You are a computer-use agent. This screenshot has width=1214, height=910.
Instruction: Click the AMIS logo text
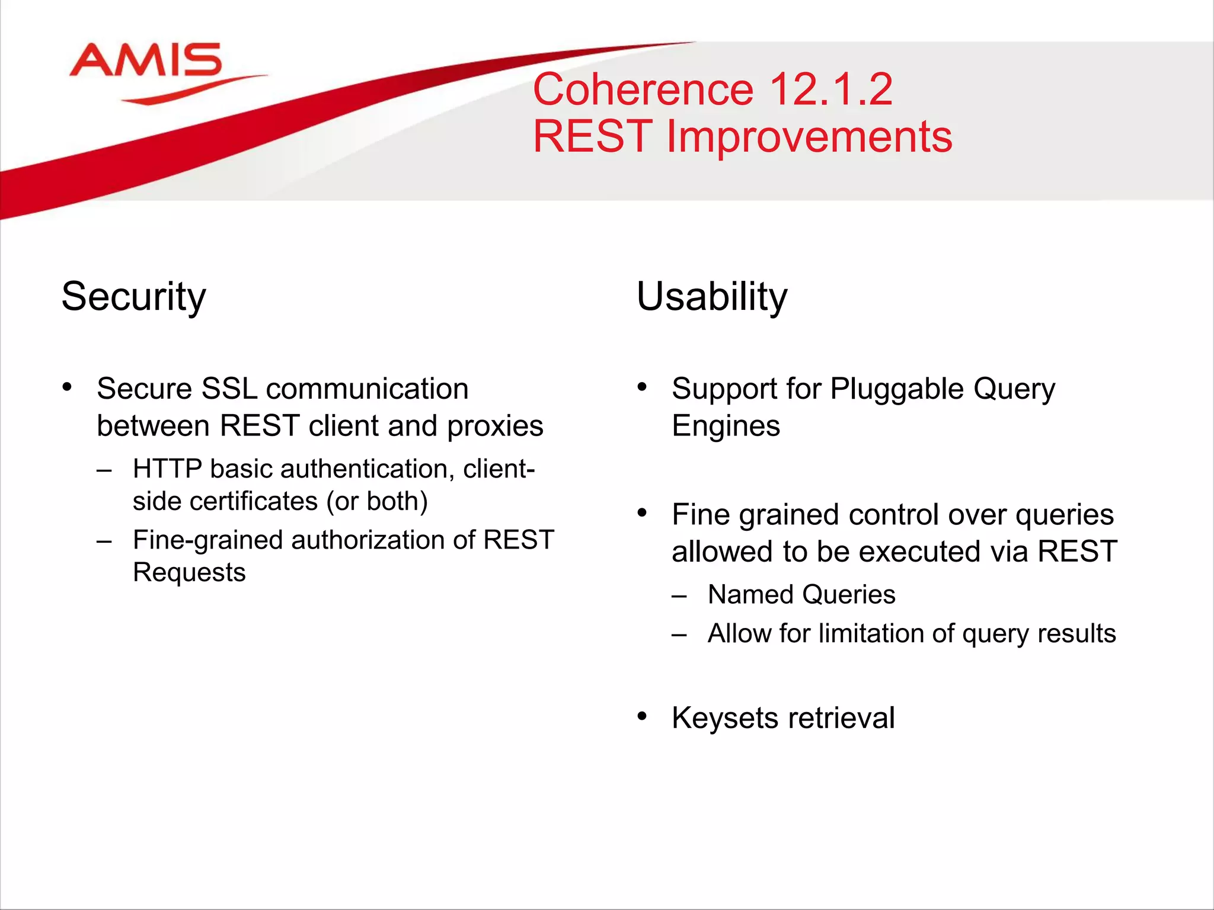pyautogui.click(x=146, y=60)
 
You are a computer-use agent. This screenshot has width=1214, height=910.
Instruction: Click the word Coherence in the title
pyautogui.click(x=643, y=90)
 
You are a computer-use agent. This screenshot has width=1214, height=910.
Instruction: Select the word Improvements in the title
pyautogui.click(x=809, y=137)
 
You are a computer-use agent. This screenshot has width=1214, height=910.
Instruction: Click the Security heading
pyautogui.click(x=133, y=296)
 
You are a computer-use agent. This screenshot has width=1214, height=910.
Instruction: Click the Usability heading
pyautogui.click(x=711, y=296)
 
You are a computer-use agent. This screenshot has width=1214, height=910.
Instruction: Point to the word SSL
pyautogui.click(x=229, y=389)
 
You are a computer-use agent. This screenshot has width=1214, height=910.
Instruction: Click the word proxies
pyautogui.click(x=495, y=426)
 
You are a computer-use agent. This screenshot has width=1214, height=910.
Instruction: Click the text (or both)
pyautogui.click(x=377, y=501)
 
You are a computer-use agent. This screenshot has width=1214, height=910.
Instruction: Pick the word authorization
pyautogui.click(x=368, y=540)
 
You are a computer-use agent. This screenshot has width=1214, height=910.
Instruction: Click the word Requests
pyautogui.click(x=189, y=573)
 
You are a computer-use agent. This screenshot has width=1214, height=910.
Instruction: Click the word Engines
pyautogui.click(x=726, y=426)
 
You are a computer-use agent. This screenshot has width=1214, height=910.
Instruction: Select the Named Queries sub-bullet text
pyautogui.click(x=801, y=595)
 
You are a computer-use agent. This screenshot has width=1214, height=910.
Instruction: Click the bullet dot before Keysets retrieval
pyautogui.click(x=642, y=717)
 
